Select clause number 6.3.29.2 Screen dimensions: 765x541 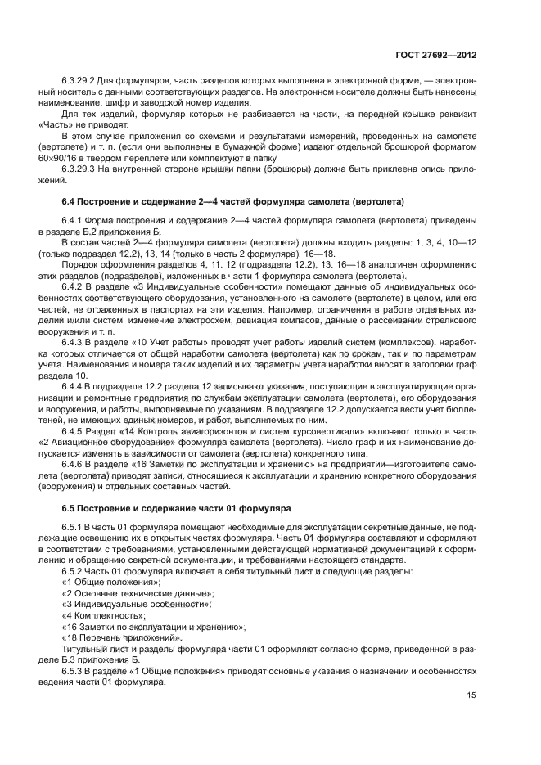(79, 85)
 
